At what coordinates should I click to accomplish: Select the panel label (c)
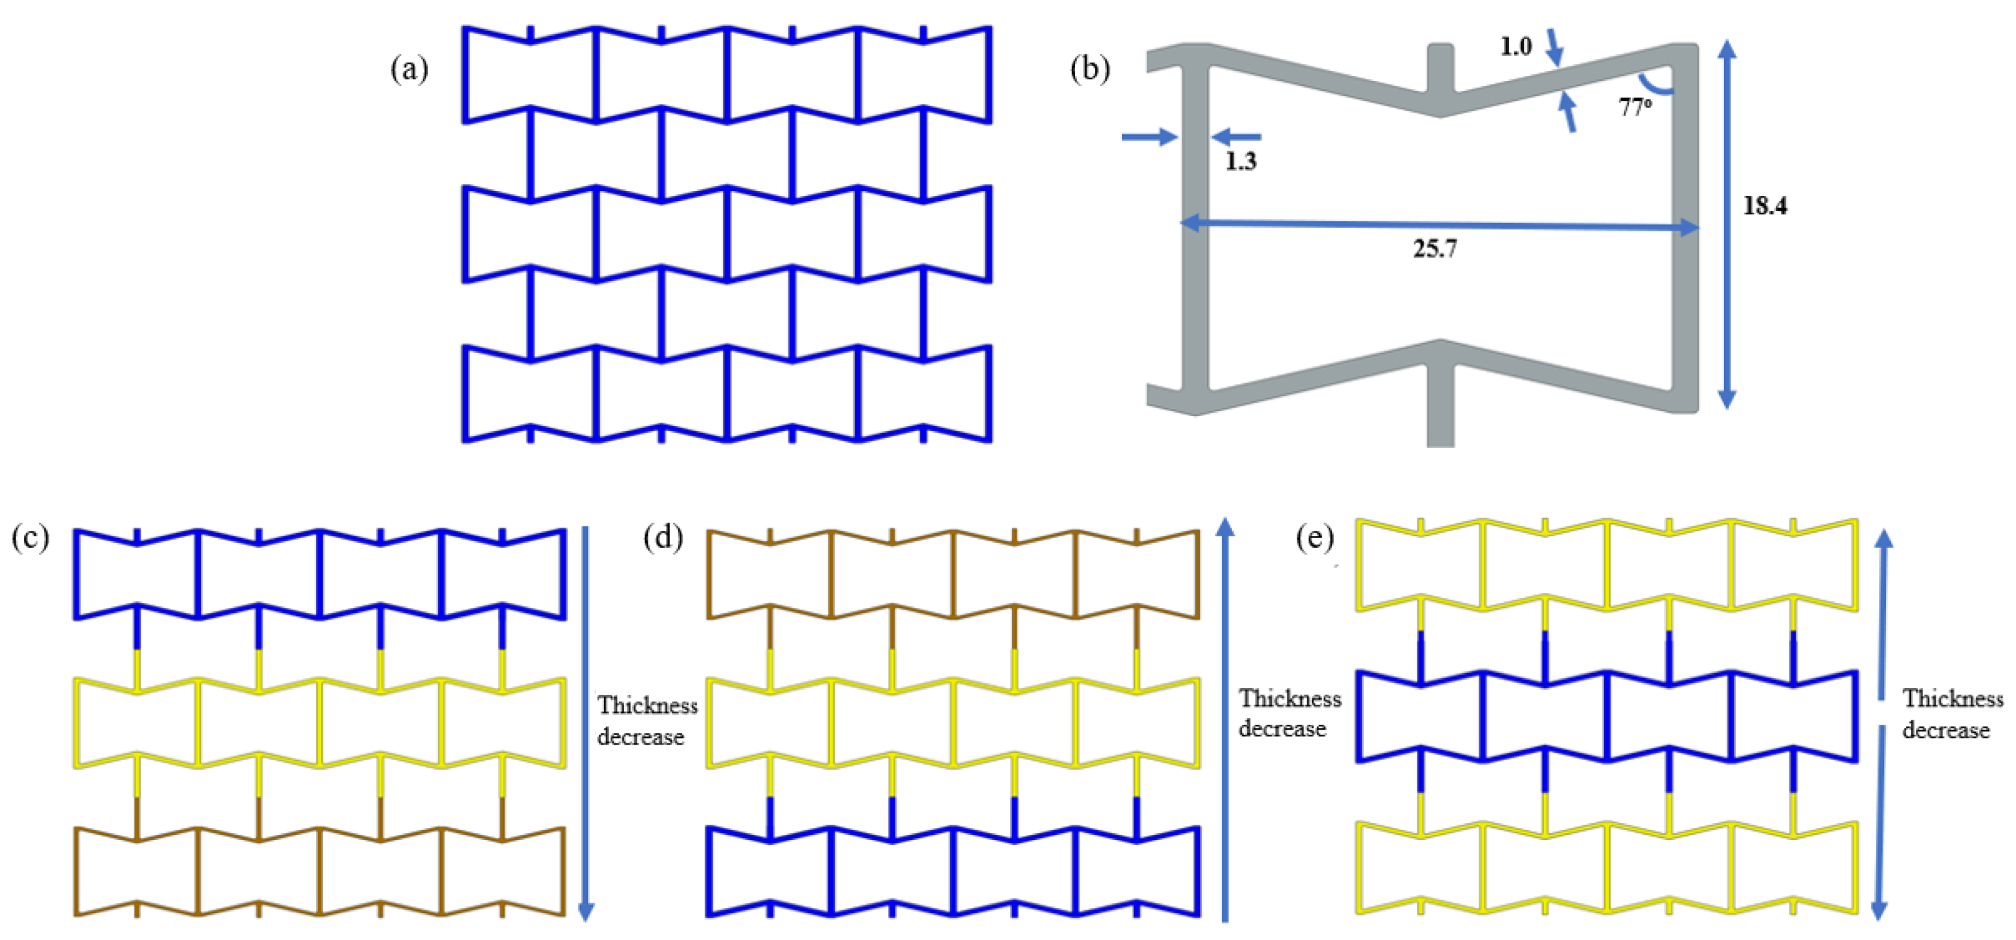click(x=30, y=537)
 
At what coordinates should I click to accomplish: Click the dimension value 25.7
click(x=1434, y=249)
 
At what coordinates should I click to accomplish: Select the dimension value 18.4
click(x=1765, y=205)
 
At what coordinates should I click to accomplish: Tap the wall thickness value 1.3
click(x=1241, y=161)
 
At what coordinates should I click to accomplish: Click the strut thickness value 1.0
click(x=1515, y=46)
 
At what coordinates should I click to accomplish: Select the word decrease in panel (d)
click(x=1282, y=728)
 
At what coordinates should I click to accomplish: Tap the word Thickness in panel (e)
click(x=1953, y=697)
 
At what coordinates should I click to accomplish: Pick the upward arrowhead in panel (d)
click(x=1226, y=527)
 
